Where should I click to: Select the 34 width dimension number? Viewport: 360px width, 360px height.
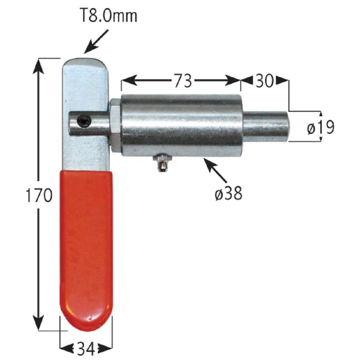click(x=86, y=349)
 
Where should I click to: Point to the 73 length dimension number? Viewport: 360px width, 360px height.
click(x=181, y=80)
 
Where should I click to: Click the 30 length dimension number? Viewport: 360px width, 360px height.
click(x=264, y=80)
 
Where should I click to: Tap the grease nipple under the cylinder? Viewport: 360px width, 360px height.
click(x=162, y=163)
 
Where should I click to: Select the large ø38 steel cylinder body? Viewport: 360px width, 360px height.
click(x=181, y=126)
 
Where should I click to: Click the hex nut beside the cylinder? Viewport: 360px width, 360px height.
click(x=115, y=125)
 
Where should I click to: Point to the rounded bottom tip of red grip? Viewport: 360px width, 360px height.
click(x=86, y=322)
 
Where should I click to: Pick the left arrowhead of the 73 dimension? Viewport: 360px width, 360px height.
click(x=126, y=80)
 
